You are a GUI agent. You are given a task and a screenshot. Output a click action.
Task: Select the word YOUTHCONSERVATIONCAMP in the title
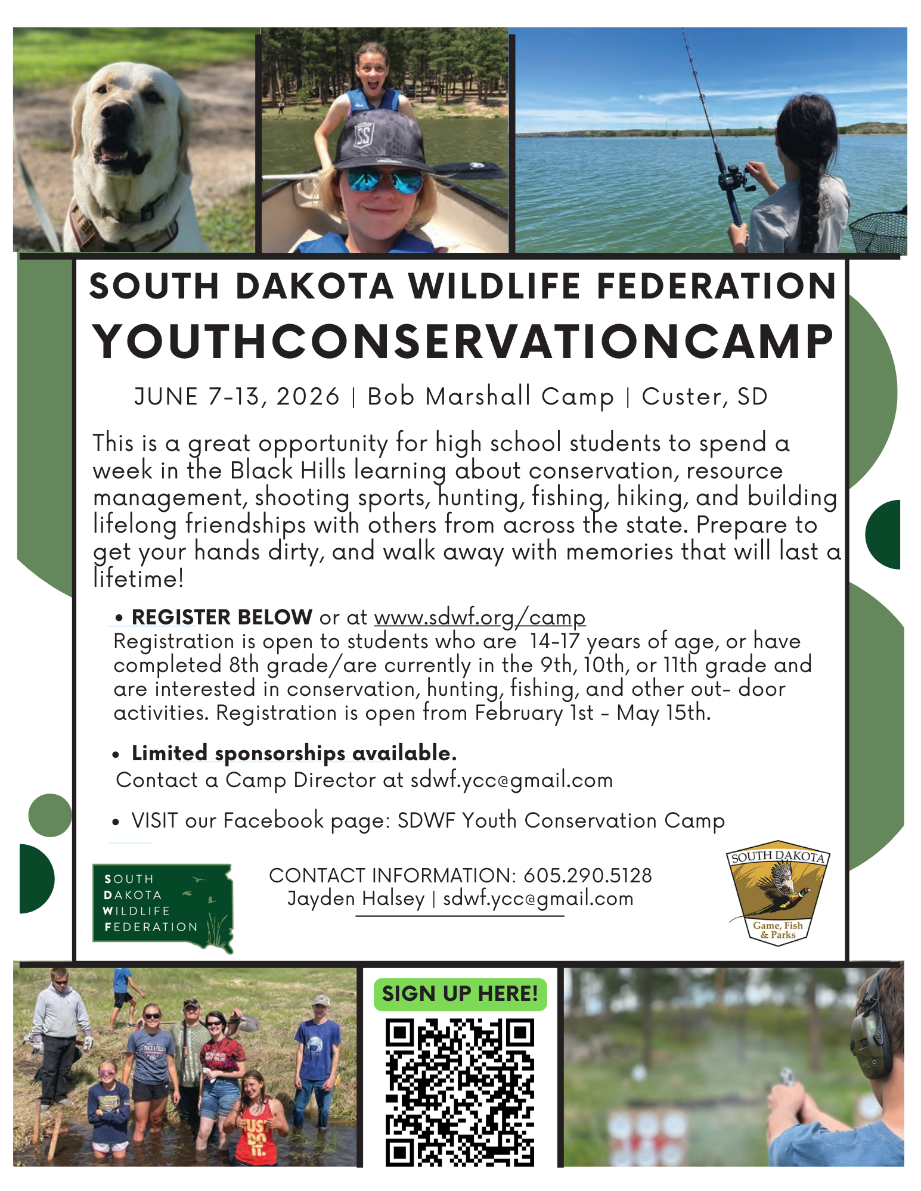point(463,343)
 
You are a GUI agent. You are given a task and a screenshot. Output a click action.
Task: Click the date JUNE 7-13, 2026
point(237,397)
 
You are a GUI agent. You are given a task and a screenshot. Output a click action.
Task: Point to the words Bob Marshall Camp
point(490,397)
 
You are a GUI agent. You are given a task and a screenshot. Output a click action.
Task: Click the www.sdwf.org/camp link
point(480,617)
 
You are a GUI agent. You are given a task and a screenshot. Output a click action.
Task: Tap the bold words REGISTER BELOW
point(222,617)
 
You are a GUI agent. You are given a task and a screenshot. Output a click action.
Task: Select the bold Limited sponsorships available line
point(294,753)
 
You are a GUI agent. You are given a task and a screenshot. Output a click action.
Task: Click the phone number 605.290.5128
point(587,875)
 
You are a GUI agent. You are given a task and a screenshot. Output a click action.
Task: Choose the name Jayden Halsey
point(356,898)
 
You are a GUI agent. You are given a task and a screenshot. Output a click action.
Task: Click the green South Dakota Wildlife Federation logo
point(162,907)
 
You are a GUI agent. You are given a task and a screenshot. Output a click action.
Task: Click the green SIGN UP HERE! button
point(460,994)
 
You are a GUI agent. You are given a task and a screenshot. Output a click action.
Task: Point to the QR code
point(460,1092)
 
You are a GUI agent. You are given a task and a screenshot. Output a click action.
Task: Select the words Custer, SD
point(704,397)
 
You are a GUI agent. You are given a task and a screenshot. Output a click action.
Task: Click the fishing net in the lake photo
point(879,231)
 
